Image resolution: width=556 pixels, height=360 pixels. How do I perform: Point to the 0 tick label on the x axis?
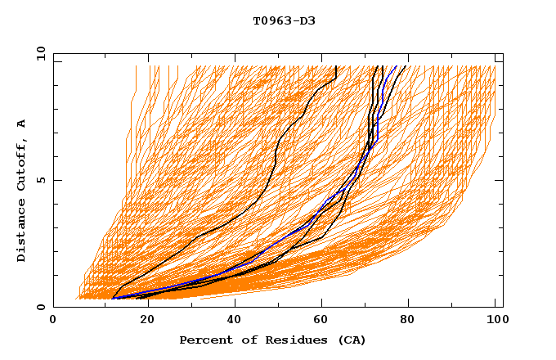[x=53, y=320]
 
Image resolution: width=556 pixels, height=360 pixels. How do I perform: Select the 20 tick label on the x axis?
[x=142, y=320]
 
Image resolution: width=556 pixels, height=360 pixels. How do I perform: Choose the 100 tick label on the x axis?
[x=495, y=320]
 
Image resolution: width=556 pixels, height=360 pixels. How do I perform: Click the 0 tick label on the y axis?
[x=40, y=307]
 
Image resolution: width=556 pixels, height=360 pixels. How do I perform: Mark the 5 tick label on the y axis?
[x=40, y=180]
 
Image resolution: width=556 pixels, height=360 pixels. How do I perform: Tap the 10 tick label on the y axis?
[x=38, y=53]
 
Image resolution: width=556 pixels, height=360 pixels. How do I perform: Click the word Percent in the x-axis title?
[x=202, y=340]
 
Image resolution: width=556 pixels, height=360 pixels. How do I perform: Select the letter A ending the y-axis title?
[x=22, y=124]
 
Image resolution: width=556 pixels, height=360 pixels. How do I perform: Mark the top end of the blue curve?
[x=397, y=66]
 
